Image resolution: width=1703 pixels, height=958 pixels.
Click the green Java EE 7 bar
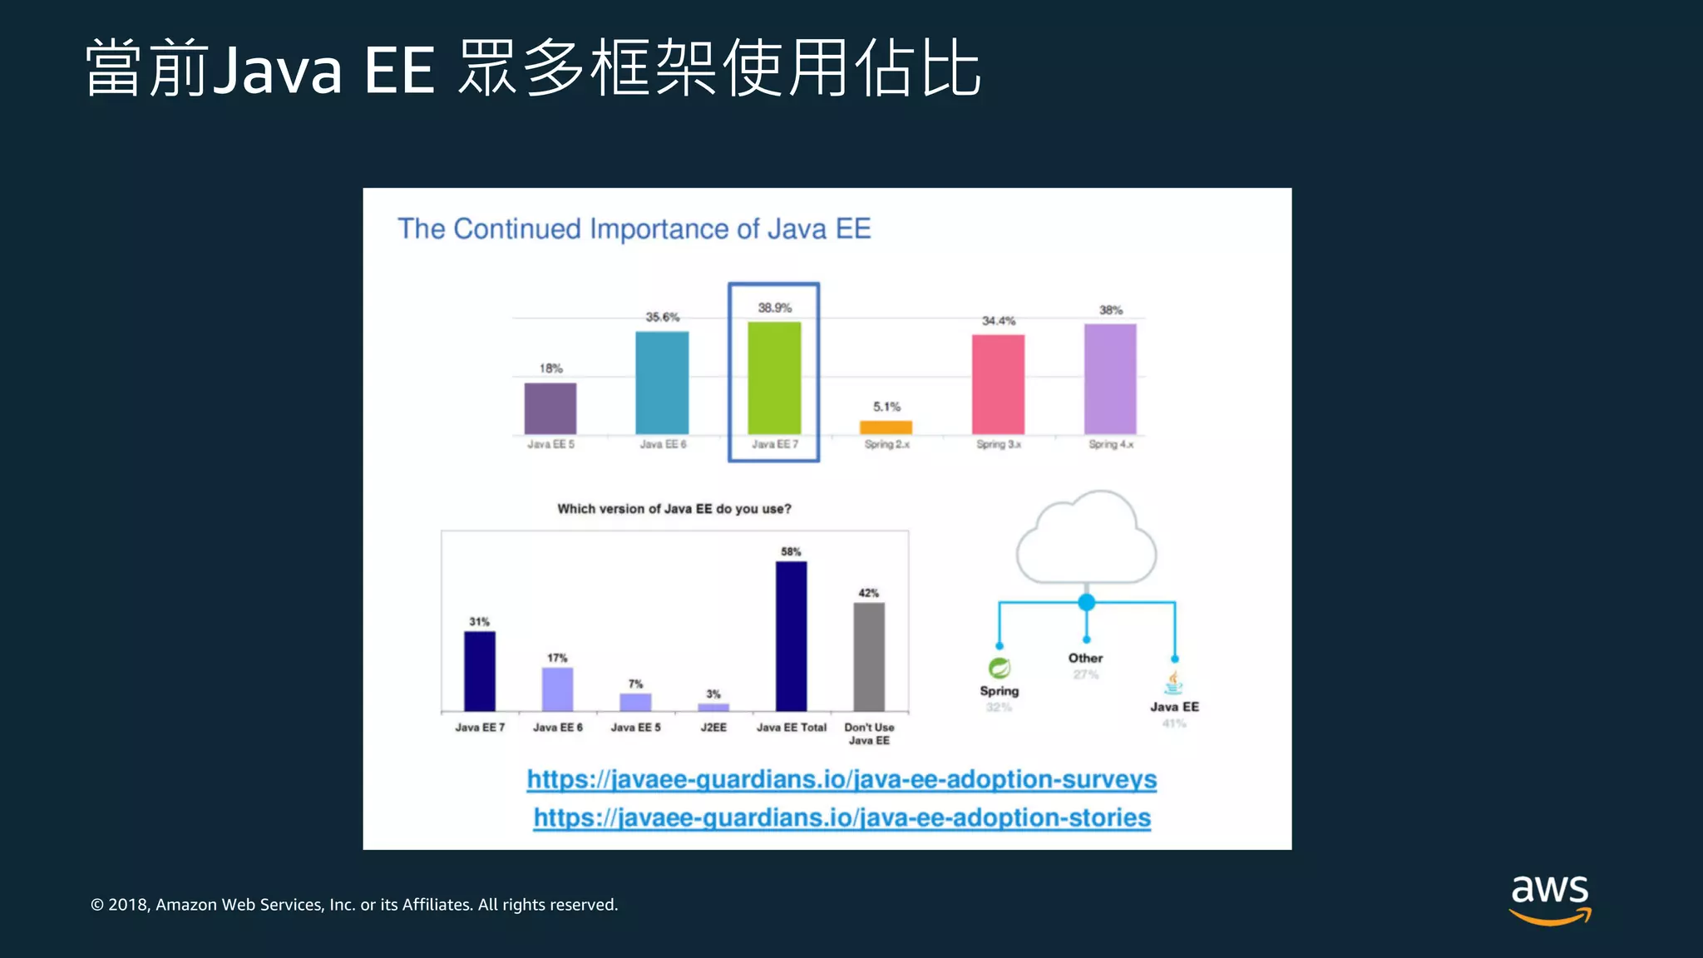click(x=774, y=378)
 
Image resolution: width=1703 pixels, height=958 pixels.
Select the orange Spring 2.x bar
click(x=886, y=427)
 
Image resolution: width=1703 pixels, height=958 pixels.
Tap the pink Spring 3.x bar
click(x=998, y=384)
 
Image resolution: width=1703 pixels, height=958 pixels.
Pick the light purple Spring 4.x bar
click(x=1110, y=378)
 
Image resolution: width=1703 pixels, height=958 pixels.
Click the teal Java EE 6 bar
click(x=662, y=383)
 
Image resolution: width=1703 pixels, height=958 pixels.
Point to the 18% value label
click(x=550, y=368)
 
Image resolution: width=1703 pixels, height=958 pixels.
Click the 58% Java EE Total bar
click(x=791, y=636)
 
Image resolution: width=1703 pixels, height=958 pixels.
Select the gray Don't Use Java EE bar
click(x=869, y=657)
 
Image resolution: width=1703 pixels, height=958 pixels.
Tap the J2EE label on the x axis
click(x=713, y=728)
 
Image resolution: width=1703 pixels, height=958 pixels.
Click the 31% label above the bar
click(x=479, y=622)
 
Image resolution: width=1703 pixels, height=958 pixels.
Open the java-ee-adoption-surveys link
click(x=842, y=779)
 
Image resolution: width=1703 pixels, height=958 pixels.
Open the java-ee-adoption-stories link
click(x=842, y=817)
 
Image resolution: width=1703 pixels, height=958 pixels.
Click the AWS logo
click(x=1550, y=898)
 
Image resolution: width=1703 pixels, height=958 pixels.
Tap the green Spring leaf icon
click(x=999, y=668)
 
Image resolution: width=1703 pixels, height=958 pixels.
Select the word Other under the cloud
click(x=1085, y=658)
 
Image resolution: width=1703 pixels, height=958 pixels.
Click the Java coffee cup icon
click(x=1173, y=684)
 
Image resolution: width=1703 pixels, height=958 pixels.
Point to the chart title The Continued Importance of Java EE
click(x=634, y=229)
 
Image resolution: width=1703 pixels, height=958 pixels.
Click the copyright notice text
click(x=354, y=905)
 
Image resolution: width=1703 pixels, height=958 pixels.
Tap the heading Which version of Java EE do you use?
click(x=674, y=509)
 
